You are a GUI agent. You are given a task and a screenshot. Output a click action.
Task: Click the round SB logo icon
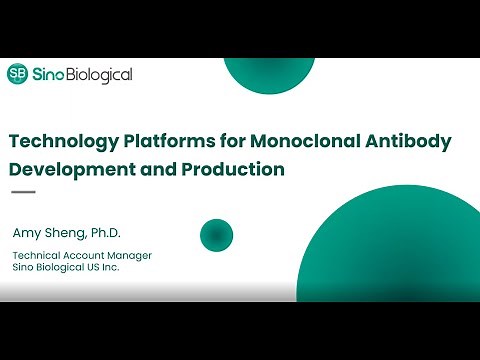17,73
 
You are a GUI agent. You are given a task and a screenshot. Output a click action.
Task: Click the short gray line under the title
23,192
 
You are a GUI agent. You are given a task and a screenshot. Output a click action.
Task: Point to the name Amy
27,233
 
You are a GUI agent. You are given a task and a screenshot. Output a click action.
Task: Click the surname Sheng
66,233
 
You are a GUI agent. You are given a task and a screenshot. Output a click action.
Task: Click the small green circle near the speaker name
216,235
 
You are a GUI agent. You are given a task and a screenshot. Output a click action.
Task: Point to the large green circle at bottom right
400,250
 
